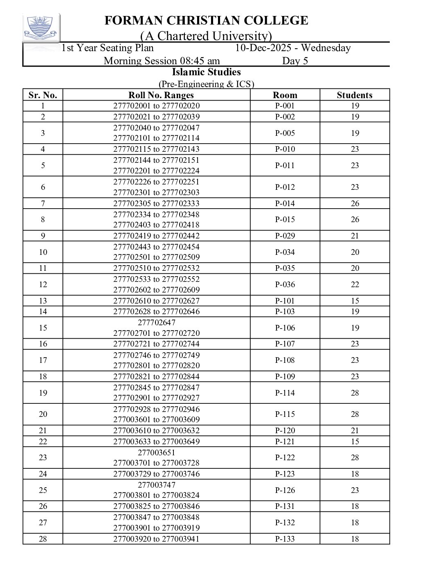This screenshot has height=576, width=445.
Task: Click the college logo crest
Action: pos(41,27)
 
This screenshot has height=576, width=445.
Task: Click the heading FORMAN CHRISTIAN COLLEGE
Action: pos(206,20)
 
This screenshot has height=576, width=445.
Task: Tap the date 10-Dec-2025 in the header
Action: pos(266,48)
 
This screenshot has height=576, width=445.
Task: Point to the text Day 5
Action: pos(295,61)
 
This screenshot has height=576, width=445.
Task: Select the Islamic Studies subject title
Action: pos(206,72)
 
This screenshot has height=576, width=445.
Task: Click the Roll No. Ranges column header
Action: pos(161,95)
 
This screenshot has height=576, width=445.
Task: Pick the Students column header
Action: pos(355,95)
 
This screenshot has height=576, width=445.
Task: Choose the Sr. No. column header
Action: pos(43,95)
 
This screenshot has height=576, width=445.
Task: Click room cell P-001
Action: pos(285,106)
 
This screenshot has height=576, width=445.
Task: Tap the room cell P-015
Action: pos(285,220)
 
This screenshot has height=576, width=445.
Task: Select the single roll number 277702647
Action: pos(157,322)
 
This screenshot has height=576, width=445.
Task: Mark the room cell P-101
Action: pos(285,301)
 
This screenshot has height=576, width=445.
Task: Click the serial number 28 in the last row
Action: pos(43,539)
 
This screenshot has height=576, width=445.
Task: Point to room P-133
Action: pos(285,539)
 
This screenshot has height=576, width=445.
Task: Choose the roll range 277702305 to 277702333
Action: pos(157,203)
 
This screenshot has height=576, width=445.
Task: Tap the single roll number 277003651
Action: pos(157,452)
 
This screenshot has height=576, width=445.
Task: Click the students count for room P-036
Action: pos(355,284)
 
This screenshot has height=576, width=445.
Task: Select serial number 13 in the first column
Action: pos(43,301)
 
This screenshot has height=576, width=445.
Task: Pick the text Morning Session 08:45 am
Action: pos(162,61)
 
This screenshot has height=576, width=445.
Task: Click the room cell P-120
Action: pos(285,430)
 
